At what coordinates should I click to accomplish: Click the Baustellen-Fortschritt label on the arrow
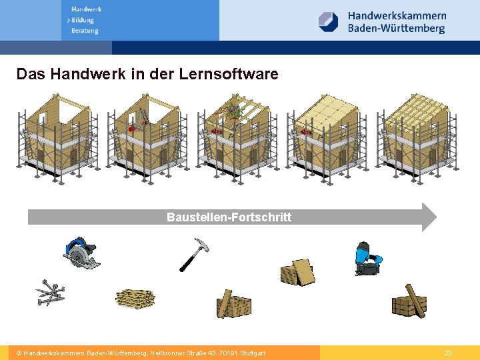tap(229, 217)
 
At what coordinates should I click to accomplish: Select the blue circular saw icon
tap(81, 253)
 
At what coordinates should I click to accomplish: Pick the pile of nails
tap(51, 293)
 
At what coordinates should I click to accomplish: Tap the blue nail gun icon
tap(366, 259)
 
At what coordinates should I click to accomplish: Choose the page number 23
tap(448, 353)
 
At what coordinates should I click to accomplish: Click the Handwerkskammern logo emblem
tap(329, 22)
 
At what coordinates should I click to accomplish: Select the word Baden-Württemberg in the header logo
tap(396, 29)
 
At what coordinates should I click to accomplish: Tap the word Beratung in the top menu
tap(85, 31)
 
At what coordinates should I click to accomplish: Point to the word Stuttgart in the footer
tap(251, 353)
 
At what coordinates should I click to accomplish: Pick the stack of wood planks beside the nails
tap(135, 299)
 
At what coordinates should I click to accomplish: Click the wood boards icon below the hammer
tap(233, 305)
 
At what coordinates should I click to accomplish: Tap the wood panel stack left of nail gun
tap(297, 272)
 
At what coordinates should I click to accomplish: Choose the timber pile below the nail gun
tap(409, 302)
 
